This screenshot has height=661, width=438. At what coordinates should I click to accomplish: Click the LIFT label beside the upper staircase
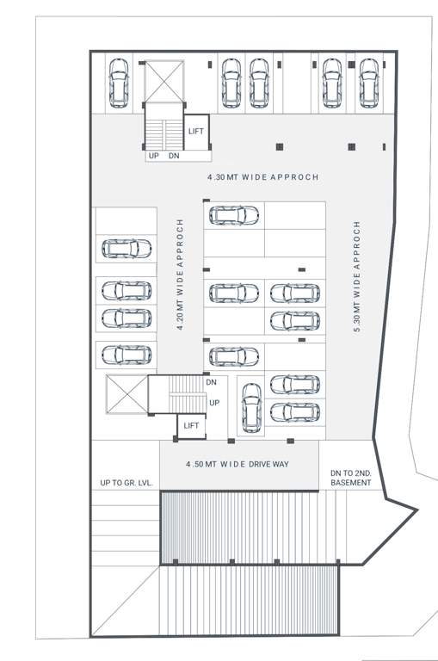(196, 131)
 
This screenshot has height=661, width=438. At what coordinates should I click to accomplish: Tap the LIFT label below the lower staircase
(191, 425)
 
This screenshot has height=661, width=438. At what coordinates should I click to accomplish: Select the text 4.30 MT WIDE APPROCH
(262, 177)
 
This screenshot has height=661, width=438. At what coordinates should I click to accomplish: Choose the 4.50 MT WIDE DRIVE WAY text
(238, 464)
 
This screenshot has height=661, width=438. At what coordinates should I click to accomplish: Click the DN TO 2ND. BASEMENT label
(351, 478)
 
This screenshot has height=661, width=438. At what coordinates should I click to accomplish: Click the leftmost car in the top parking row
(119, 83)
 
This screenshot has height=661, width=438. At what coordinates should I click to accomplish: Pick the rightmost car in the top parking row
(369, 83)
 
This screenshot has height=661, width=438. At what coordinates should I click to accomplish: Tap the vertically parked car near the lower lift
(250, 406)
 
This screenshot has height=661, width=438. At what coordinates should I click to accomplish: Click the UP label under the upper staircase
(154, 156)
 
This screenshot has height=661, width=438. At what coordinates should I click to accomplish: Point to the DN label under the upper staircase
(174, 156)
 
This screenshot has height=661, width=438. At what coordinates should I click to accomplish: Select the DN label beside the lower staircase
(211, 382)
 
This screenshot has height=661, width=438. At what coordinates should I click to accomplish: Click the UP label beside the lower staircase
(215, 402)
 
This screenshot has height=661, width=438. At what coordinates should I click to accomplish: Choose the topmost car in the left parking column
(126, 250)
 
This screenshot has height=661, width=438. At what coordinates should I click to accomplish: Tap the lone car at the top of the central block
(233, 215)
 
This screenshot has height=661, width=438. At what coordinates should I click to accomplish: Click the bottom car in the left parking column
(126, 354)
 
